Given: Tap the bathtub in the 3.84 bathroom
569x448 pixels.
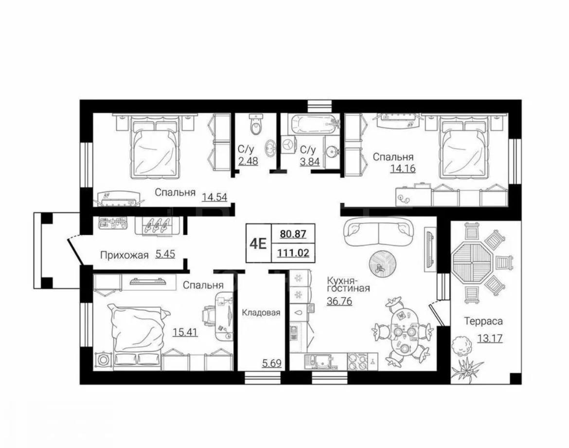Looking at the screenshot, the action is click(x=313, y=124).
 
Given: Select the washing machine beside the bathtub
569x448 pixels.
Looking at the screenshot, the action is click(x=289, y=145).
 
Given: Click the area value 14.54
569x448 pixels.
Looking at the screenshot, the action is click(x=214, y=197).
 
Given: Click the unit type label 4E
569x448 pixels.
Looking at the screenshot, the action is click(x=258, y=243).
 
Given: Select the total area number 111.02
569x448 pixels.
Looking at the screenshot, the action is click(x=293, y=252).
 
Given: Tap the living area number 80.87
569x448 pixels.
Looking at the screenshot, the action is click(x=293, y=234).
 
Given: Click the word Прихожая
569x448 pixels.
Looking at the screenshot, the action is click(x=124, y=255).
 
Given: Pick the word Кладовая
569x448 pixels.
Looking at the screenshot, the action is click(x=261, y=313).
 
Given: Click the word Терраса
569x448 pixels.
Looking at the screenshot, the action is click(x=484, y=322).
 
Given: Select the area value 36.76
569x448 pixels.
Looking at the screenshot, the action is click(x=339, y=301).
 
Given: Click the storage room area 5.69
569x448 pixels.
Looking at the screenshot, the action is click(x=271, y=362).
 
